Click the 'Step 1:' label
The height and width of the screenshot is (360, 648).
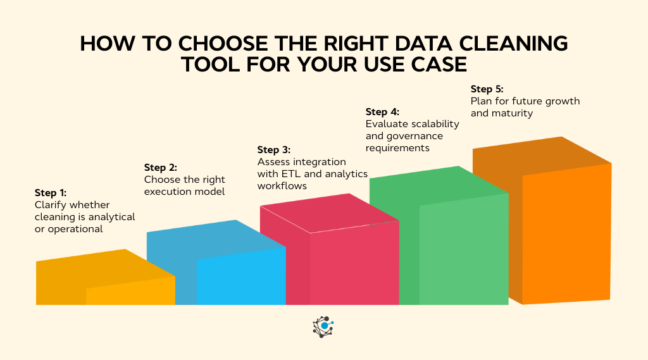point(51,193)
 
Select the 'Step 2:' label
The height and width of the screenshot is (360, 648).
point(161,168)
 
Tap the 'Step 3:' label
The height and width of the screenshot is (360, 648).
point(273,150)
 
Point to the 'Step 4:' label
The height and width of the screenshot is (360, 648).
point(382,112)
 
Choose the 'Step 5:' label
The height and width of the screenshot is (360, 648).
point(487,89)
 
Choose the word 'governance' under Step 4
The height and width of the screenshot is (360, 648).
point(415,136)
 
